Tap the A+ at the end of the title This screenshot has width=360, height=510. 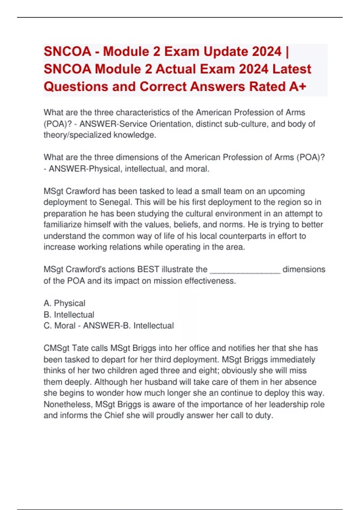[298, 87]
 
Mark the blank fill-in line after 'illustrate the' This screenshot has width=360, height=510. [245, 270]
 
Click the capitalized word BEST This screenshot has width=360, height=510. [148, 269]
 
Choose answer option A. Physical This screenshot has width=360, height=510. [64, 303]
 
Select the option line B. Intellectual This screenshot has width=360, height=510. [69, 315]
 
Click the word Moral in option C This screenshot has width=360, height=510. [65, 326]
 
